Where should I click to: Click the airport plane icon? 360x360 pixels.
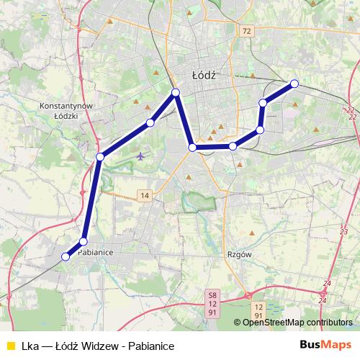[x=140, y=155]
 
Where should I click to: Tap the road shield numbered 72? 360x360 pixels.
[x=248, y=31]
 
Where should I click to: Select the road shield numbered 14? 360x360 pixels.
[x=145, y=196]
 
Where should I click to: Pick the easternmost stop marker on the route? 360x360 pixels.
[x=294, y=84]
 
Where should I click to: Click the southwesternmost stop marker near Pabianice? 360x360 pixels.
[x=66, y=256]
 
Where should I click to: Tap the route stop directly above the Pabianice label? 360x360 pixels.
[x=84, y=241]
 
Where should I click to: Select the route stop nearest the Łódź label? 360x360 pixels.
[x=176, y=92]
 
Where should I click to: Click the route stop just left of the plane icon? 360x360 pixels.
[x=100, y=156]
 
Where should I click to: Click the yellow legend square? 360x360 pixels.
[x=11, y=346]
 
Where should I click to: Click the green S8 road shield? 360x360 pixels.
[x=212, y=294]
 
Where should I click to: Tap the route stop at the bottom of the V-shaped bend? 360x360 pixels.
[x=193, y=148]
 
